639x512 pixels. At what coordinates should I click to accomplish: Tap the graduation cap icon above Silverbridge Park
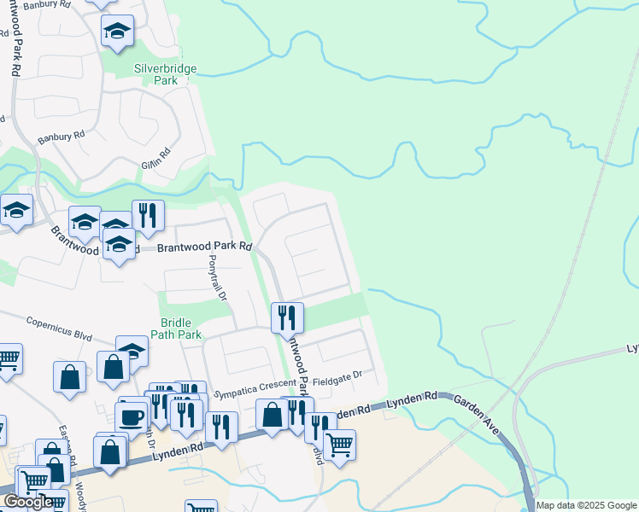118,33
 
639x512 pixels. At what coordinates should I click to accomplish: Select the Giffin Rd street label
157,156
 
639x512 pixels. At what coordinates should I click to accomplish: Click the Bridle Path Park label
181,329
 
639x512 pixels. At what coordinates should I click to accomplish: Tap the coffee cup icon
132,417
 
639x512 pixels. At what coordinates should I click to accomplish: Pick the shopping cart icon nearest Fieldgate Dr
340,444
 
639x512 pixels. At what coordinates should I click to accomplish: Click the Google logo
27,502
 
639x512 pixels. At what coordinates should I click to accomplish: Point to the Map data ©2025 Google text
587,505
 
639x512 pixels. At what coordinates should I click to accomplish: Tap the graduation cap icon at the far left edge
16,211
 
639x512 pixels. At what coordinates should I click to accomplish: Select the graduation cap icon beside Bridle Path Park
132,350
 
